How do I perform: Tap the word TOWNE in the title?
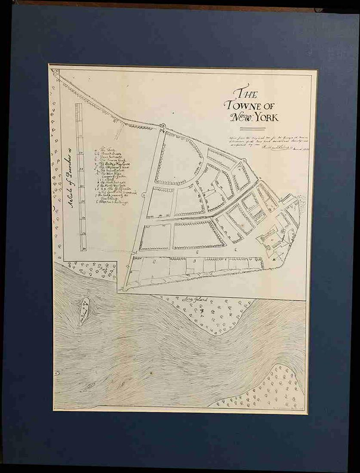tap(242, 106)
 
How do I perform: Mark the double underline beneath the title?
tap(252, 129)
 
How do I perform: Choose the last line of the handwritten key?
tap(111, 203)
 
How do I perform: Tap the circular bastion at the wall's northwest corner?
tap(163, 126)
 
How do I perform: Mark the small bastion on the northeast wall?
tap(243, 161)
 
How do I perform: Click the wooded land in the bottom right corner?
tap(271, 389)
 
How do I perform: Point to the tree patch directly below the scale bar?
tap(92, 269)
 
